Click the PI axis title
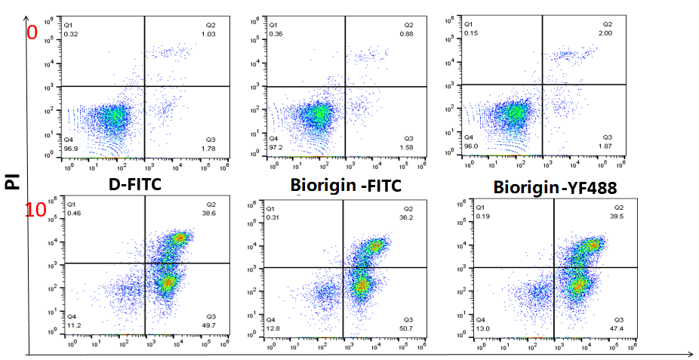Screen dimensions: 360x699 click(x=12, y=180)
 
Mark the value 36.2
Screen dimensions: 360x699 click(x=409, y=217)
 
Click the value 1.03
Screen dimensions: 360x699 click(x=208, y=35)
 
